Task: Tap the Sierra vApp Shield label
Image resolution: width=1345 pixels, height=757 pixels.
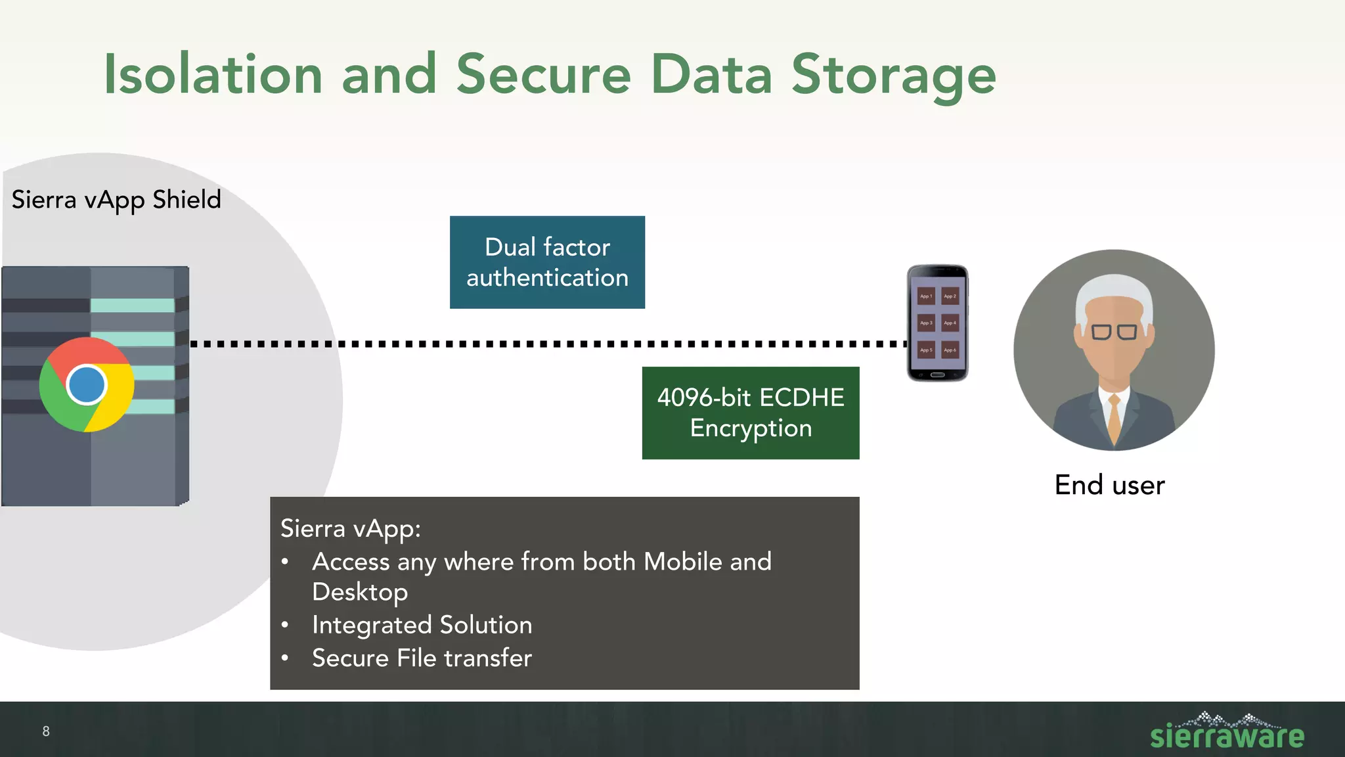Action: tap(116, 200)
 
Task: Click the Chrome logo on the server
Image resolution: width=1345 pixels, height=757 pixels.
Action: tap(87, 384)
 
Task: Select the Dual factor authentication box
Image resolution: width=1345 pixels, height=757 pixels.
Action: tap(547, 262)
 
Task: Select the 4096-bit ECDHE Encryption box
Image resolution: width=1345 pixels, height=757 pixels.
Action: tap(750, 413)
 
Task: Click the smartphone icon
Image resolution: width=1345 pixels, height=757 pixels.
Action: tap(937, 323)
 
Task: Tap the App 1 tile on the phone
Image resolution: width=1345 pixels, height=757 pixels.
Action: tap(926, 296)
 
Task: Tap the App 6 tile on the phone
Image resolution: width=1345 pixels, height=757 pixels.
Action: tap(950, 350)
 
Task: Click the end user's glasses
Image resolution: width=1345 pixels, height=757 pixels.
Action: tap(1114, 332)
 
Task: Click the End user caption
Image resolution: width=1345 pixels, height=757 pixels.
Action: tap(1109, 485)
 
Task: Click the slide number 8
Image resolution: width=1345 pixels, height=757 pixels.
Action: tap(46, 731)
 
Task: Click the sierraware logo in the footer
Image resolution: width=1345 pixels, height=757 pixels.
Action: tap(1227, 732)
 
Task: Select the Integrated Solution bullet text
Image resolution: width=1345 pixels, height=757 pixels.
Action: tap(422, 625)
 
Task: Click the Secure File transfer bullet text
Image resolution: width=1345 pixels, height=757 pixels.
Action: tap(422, 658)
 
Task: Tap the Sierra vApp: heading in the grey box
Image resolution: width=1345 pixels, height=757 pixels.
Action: tap(350, 528)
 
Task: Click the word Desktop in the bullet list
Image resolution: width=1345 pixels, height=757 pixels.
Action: tap(360, 592)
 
